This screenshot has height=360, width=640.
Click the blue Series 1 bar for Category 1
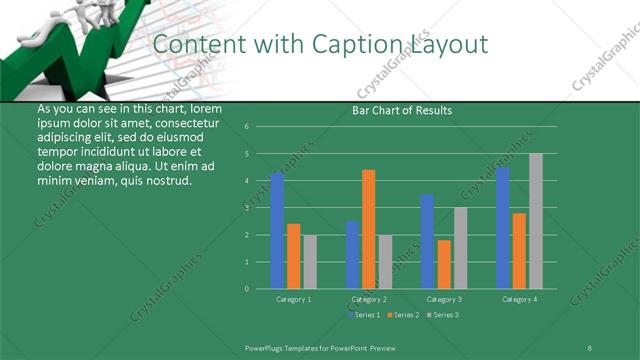pos(277,231)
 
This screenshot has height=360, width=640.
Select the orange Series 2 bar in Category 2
pos(369,229)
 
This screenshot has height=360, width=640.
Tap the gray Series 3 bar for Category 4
pos(536,221)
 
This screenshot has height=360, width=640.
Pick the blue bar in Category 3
pos(427,241)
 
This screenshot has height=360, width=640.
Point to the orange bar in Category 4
pos(519,251)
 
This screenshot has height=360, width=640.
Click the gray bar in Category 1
pos(310,262)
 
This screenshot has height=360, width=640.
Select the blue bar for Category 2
pos(352,255)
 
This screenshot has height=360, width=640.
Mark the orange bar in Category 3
pos(444,264)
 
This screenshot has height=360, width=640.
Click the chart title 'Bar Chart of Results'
pos(402,110)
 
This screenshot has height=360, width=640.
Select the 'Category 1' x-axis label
pos(293,299)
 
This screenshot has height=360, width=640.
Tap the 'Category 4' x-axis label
pos(519,299)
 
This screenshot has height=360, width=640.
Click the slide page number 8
pos(589,346)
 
